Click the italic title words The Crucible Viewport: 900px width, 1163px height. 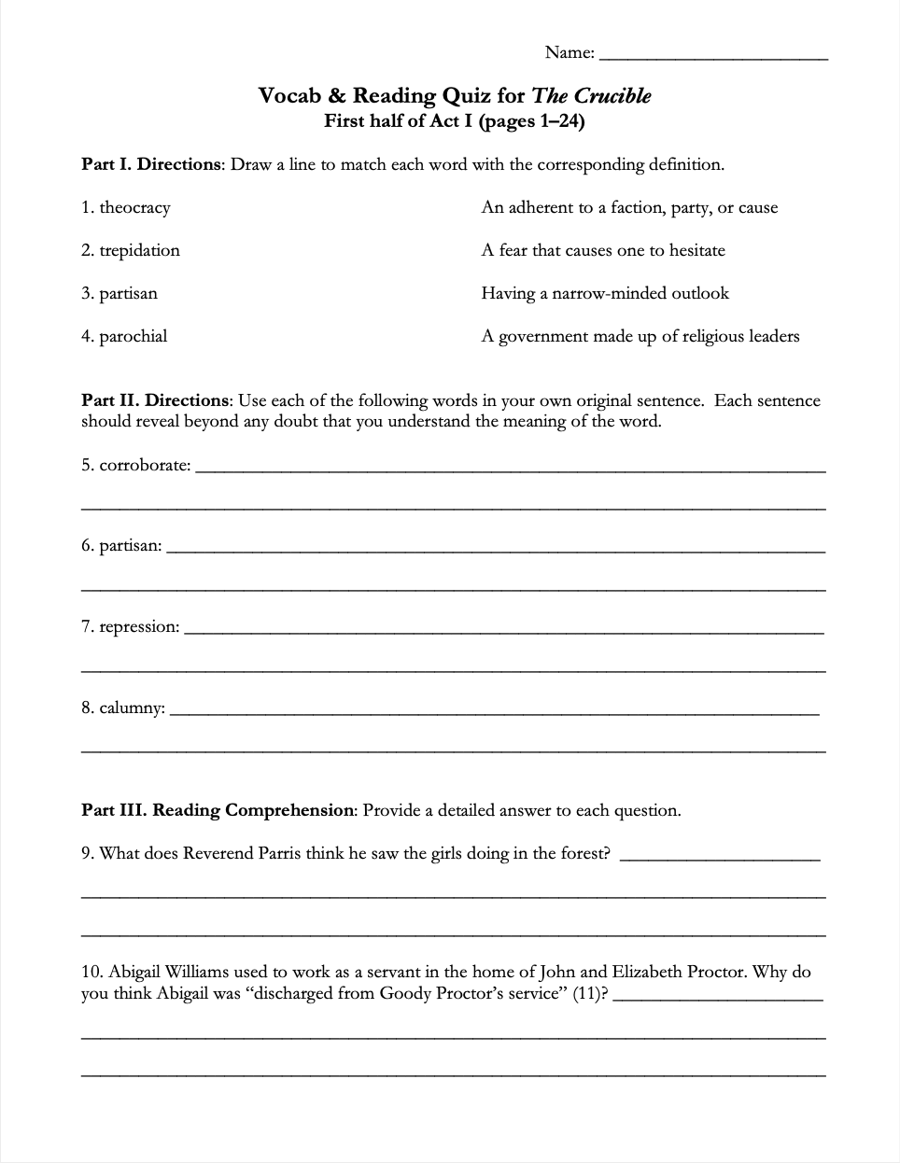pyautogui.click(x=591, y=96)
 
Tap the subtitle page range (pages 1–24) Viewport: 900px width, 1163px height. pyautogui.click(x=531, y=121)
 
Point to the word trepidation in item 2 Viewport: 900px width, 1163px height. pyautogui.click(x=139, y=251)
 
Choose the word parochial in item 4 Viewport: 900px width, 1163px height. pyautogui.click(x=134, y=337)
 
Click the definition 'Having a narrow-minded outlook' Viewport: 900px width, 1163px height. pyautogui.click(x=605, y=294)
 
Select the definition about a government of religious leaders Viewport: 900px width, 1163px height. pyautogui.click(x=640, y=337)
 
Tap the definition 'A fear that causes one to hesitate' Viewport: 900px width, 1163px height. pyautogui.click(x=603, y=251)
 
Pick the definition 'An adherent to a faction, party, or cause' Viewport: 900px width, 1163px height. pyautogui.click(x=629, y=208)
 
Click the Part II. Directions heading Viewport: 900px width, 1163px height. pyautogui.click(x=155, y=401)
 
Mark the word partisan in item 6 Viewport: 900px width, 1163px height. pyautogui.click(x=130, y=546)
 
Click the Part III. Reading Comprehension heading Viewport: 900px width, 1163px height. pyautogui.click(x=218, y=810)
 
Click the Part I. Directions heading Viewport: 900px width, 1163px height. pyautogui.click(x=151, y=165)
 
